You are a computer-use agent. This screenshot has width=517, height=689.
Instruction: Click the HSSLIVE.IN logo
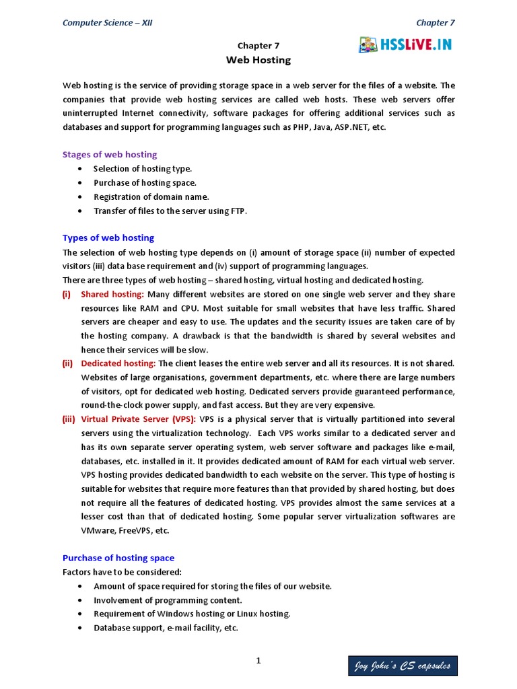(x=405, y=44)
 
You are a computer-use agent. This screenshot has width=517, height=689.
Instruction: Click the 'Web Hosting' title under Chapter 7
(x=258, y=60)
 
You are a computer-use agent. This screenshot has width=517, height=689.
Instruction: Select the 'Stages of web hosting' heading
(x=110, y=154)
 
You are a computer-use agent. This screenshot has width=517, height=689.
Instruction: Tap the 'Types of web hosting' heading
(x=108, y=238)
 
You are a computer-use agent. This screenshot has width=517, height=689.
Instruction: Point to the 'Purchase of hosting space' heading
(x=118, y=558)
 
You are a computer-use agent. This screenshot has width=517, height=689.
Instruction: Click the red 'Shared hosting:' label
(x=112, y=294)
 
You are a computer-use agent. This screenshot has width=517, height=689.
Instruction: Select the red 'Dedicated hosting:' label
(x=118, y=363)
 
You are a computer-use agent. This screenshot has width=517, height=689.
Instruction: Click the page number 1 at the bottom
(x=258, y=661)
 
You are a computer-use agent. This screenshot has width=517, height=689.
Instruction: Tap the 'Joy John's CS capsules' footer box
(x=403, y=666)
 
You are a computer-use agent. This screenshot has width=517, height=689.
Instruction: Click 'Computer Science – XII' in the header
(x=108, y=22)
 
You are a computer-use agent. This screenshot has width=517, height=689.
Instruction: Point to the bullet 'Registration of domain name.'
(x=151, y=196)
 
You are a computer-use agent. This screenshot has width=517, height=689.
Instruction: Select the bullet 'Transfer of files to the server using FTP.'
(x=170, y=211)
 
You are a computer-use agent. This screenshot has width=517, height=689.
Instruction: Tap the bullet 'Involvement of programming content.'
(x=168, y=600)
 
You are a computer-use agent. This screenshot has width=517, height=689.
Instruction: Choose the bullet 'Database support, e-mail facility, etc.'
(x=166, y=628)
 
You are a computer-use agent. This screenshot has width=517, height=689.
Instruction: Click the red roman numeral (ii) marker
(x=68, y=363)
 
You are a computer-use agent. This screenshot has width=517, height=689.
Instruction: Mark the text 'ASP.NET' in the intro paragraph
(x=349, y=126)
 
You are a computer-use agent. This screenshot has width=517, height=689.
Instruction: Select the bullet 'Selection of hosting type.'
(x=143, y=168)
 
